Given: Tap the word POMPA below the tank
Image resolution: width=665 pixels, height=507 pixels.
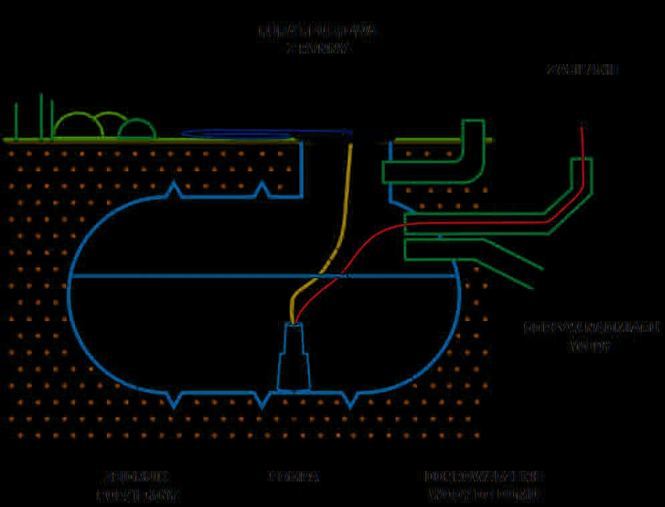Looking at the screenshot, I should click(x=294, y=477).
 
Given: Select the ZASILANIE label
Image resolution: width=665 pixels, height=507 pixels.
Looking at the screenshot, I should click(x=582, y=69).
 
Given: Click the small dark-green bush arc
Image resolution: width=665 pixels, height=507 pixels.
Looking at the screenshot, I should click(x=137, y=128).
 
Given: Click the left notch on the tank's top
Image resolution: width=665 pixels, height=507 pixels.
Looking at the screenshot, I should click(x=175, y=189).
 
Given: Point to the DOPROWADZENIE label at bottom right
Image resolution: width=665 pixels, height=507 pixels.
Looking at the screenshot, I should click(x=484, y=476).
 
